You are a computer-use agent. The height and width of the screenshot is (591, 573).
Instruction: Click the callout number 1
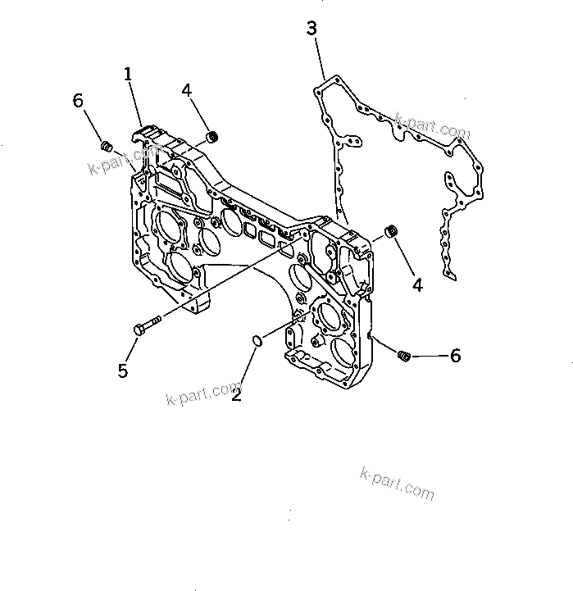(128, 75)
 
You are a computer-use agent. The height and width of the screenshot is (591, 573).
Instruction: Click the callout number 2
(236, 394)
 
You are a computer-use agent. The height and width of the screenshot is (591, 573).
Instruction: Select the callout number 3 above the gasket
(312, 29)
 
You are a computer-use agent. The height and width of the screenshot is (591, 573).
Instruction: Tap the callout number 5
(123, 371)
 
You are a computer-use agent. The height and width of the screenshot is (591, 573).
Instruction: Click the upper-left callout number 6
(78, 100)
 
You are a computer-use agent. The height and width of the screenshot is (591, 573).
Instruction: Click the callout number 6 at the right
(455, 355)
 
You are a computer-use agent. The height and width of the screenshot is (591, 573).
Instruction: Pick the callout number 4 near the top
(187, 89)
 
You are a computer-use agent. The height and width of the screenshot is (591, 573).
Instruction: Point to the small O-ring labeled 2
(256, 338)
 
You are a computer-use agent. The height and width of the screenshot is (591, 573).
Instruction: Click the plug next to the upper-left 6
(106, 146)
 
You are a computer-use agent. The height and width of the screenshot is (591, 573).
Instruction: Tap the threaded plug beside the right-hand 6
(402, 355)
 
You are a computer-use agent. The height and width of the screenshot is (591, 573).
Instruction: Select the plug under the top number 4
(212, 136)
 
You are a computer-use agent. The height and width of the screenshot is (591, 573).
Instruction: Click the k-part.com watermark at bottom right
(397, 483)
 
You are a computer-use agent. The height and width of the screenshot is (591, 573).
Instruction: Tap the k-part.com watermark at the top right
(432, 125)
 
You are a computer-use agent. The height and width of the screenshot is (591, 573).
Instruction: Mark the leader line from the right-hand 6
(428, 356)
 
